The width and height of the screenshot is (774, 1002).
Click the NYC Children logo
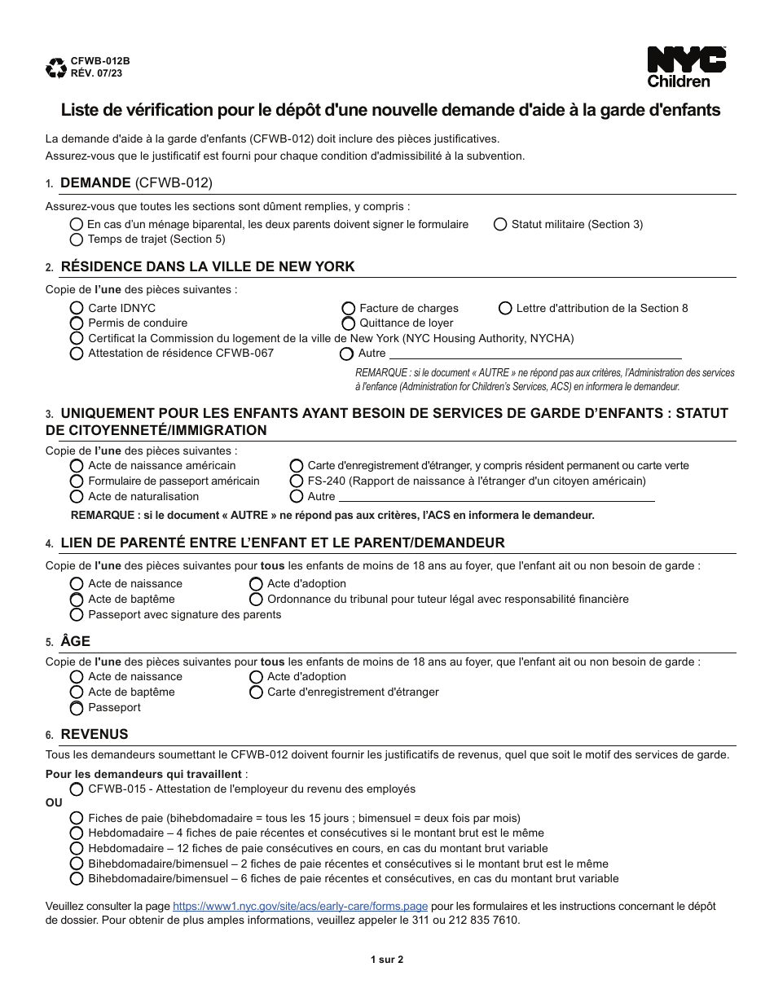pyautogui.click(x=686, y=66)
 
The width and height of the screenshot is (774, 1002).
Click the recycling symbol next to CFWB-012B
pyautogui.click(x=57, y=67)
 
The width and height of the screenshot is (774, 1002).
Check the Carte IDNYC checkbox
pyautogui.click(x=77, y=308)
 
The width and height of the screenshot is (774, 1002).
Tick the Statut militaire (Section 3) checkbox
pyautogui.click(x=500, y=224)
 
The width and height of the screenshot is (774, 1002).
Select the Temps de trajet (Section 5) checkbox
pyautogui.click(x=77, y=240)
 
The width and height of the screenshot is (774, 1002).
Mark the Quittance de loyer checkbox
pyautogui.click(x=348, y=323)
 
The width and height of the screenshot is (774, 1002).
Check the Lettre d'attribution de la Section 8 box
pyautogui.click(x=505, y=308)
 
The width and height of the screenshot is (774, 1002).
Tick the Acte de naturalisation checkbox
pyautogui.click(x=77, y=496)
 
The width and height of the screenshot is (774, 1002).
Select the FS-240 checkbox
pyautogui.click(x=297, y=481)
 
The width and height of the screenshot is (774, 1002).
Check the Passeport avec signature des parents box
pyautogui.click(x=77, y=614)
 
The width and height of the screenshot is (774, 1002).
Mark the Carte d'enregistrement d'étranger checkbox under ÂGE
pyautogui.click(x=256, y=692)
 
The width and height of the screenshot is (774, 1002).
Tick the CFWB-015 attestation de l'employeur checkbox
pyautogui.click(x=77, y=789)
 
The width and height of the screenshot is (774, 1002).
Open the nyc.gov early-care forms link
pyautogui.click(x=301, y=906)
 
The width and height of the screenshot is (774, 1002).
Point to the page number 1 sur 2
pyautogui.click(x=387, y=959)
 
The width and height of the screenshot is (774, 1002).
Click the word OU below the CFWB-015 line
pyautogui.click(x=53, y=802)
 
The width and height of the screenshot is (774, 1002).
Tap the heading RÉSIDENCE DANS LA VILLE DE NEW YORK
pyautogui.click(x=208, y=267)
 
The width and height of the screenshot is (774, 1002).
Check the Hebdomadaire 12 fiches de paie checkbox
pyautogui.click(x=77, y=848)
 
